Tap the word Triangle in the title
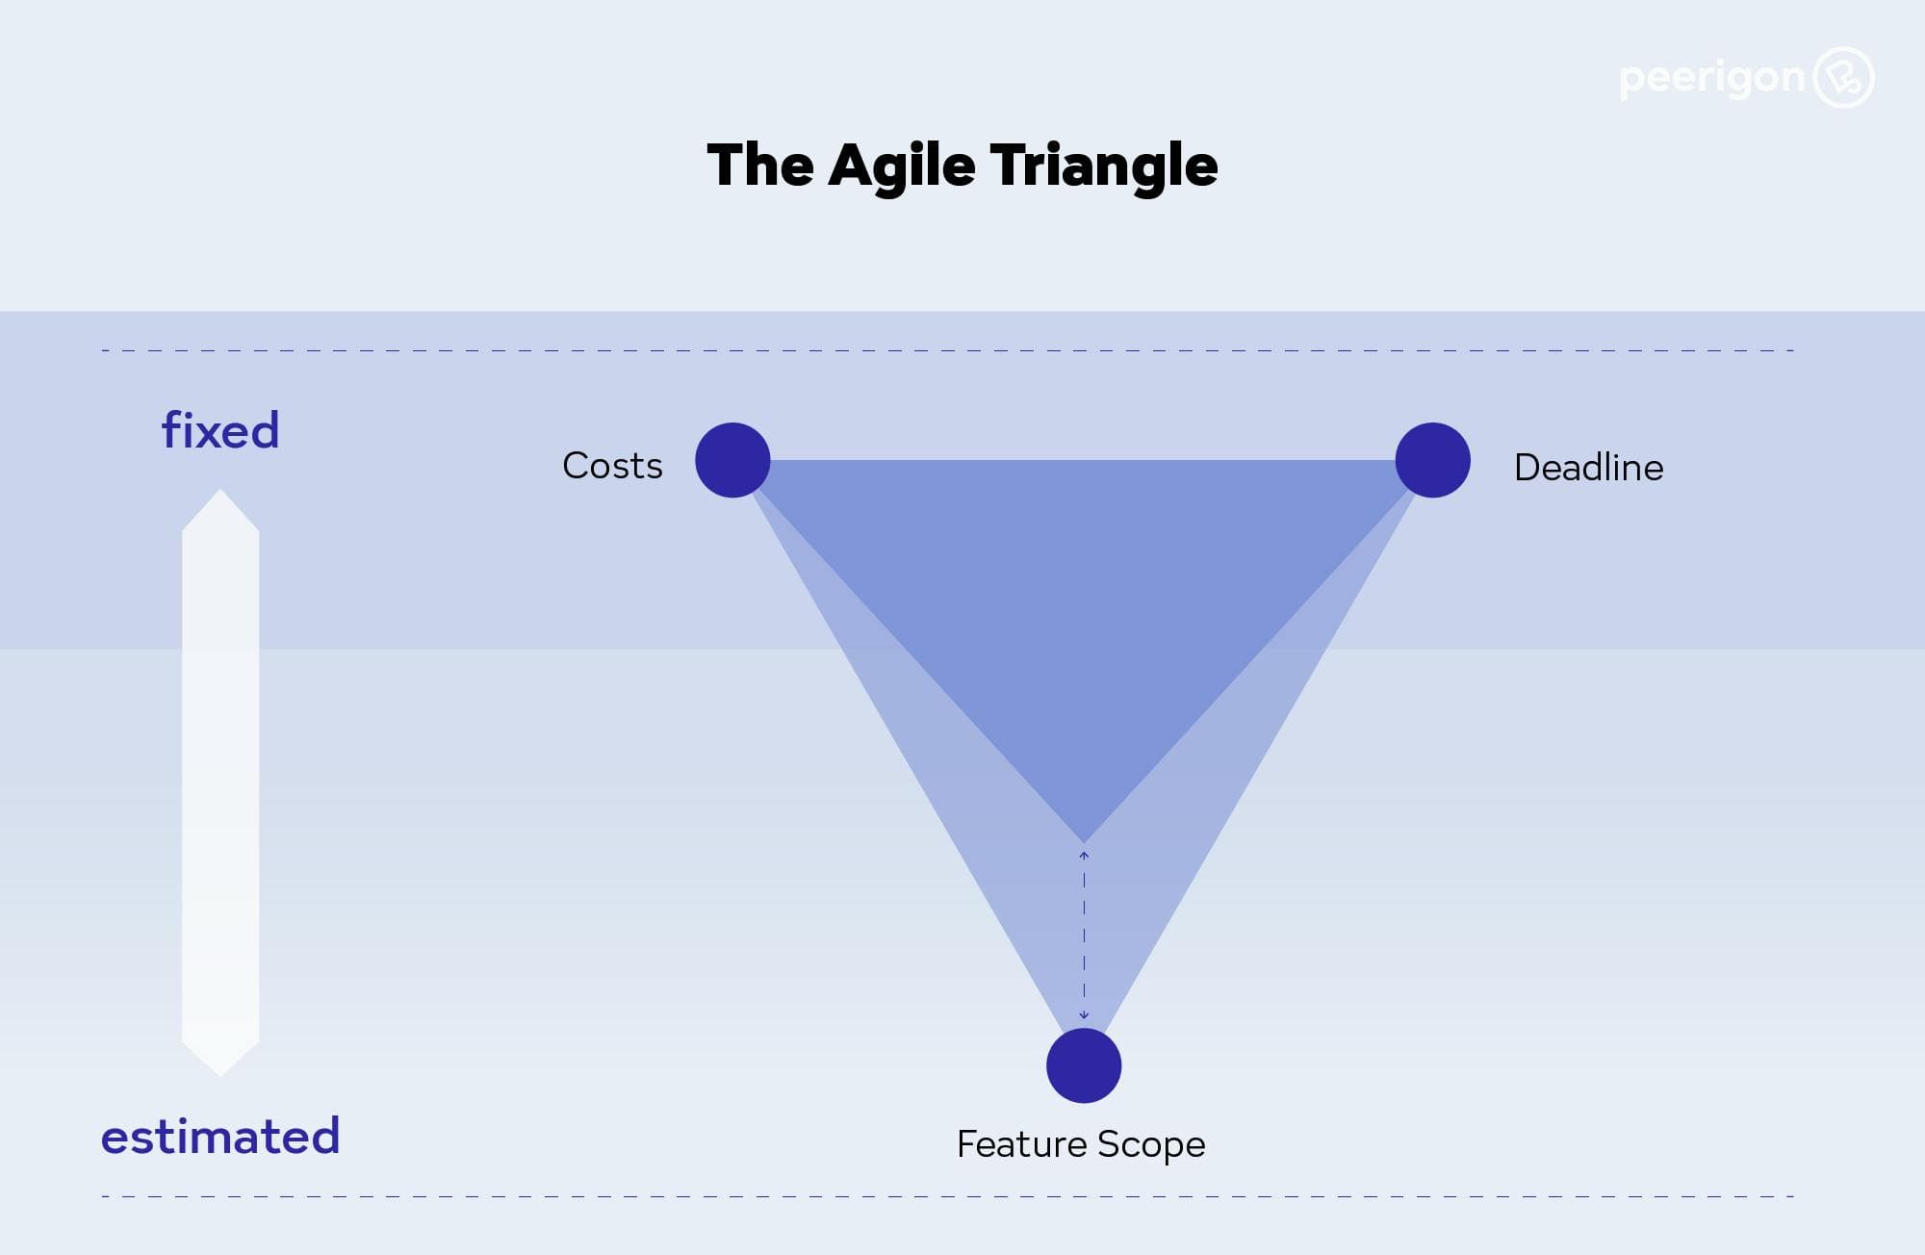pyautogui.click(x=1104, y=166)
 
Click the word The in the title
pyautogui.click(x=760, y=166)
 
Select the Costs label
pyautogui.click(x=612, y=466)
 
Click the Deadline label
pyautogui.click(x=1588, y=468)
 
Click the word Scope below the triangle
pyautogui.click(x=1151, y=1144)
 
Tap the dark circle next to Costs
pyautogui.click(x=732, y=460)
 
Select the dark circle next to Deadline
pyautogui.click(x=1432, y=460)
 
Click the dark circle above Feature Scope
pyautogui.click(x=1084, y=1065)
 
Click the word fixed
pyautogui.click(x=220, y=430)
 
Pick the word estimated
pyautogui.click(x=220, y=1136)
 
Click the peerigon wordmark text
pyautogui.click(x=1711, y=77)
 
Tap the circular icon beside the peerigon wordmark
pyautogui.click(x=1843, y=77)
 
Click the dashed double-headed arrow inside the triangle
pyautogui.click(x=1084, y=935)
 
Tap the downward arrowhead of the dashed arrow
pyautogui.click(x=1084, y=1014)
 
